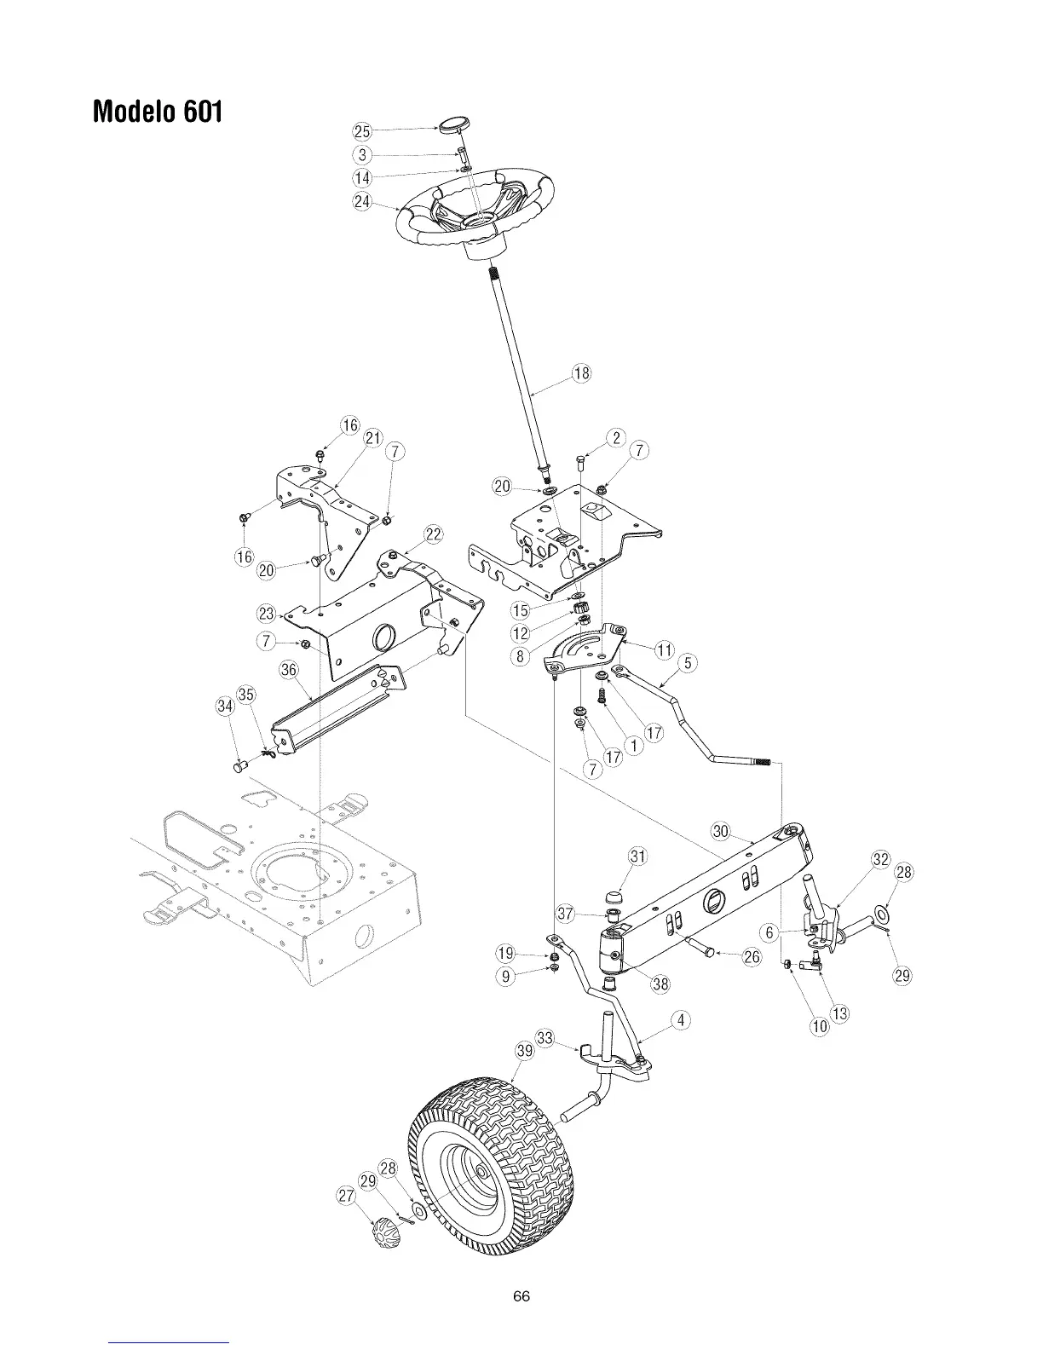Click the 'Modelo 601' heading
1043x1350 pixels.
pos(158,112)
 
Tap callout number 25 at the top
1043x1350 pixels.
pos(362,131)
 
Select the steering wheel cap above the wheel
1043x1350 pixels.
pos(452,127)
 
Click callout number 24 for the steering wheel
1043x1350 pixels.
pos(362,202)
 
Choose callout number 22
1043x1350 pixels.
pos(434,534)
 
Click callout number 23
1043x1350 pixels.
pos(267,614)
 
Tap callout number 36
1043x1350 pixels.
pos(289,670)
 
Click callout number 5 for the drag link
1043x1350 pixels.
pos(689,661)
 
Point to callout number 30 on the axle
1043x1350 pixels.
pos(721,831)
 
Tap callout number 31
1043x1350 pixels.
pos(637,857)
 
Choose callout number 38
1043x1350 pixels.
pos(660,984)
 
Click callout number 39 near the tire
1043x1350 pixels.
pos(525,1052)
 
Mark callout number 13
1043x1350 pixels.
pos(840,1013)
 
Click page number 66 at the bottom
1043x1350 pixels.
pos(521,1296)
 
